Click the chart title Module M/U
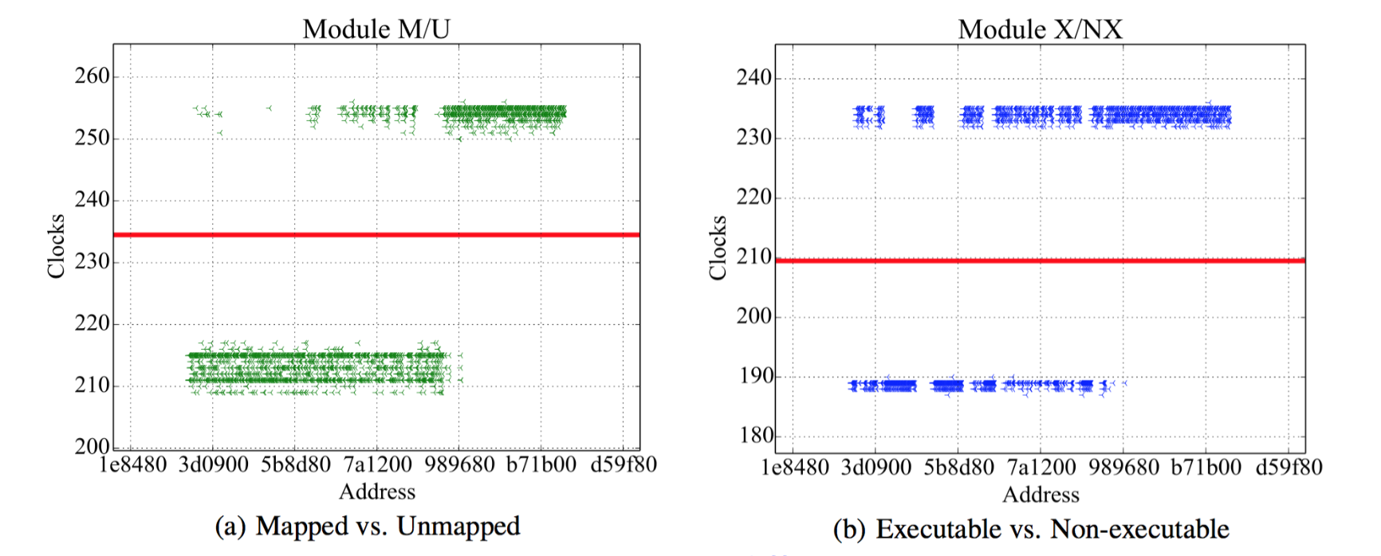coord(376,29)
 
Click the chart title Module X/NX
coord(1040,29)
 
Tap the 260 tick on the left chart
coord(92,76)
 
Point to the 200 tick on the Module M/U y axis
coord(92,446)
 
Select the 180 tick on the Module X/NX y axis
coord(754,435)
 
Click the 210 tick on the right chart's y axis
coord(754,256)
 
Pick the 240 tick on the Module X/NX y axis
coord(754,77)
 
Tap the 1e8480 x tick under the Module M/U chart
coord(132,464)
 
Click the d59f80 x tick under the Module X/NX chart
coord(1289,467)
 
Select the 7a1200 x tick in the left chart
coord(378,464)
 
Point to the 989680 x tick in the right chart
coord(1123,467)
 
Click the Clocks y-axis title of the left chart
coord(56,246)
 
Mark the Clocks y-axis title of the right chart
coord(718,248)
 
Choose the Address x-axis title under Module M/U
coord(377,491)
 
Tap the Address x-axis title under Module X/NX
coord(1041,495)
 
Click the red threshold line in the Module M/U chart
coord(376,235)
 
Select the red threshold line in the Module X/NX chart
coord(1040,260)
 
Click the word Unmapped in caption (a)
coord(458,527)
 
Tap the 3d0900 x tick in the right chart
coord(875,467)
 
